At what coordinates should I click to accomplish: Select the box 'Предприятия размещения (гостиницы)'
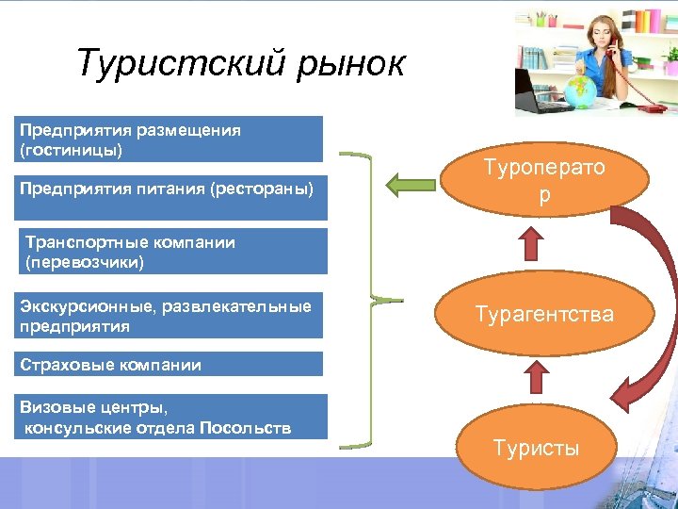(x=169, y=139)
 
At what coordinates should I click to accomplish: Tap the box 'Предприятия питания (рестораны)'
(x=169, y=189)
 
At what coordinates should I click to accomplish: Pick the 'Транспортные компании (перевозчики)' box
(x=169, y=252)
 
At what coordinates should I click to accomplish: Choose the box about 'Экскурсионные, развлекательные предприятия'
(x=169, y=316)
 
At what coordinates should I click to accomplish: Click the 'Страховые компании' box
(x=169, y=364)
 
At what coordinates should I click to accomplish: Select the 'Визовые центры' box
(x=169, y=417)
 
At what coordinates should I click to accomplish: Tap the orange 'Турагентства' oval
(x=543, y=314)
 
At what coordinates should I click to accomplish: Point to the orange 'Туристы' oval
(x=537, y=447)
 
